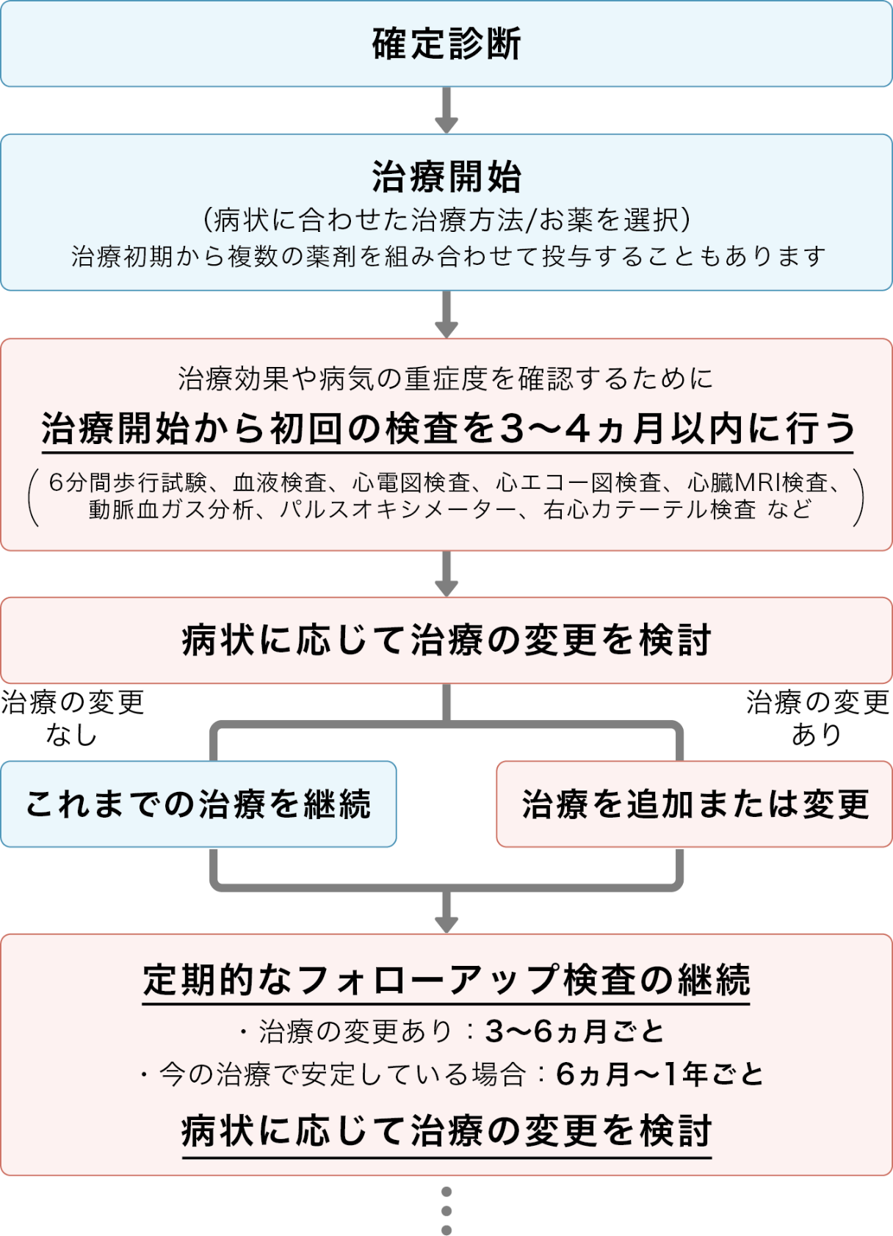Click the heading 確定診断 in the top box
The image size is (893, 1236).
click(446, 43)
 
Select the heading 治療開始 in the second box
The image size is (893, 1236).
click(446, 177)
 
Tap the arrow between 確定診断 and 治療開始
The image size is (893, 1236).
click(446, 110)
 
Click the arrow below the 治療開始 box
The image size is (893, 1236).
click(446, 314)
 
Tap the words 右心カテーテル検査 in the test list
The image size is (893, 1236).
click(649, 509)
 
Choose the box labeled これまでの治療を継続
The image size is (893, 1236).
click(198, 804)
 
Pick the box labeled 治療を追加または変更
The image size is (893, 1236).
click(695, 804)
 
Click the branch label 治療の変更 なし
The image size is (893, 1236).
click(72, 718)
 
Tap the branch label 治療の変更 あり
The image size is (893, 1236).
click(817, 718)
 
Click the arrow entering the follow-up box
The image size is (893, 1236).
click(446, 914)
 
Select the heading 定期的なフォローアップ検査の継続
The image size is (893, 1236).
click(446, 980)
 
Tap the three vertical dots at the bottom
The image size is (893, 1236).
click(446, 1210)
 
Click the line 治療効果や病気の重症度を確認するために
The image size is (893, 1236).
click(446, 379)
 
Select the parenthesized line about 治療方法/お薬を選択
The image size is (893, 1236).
click(446, 219)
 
